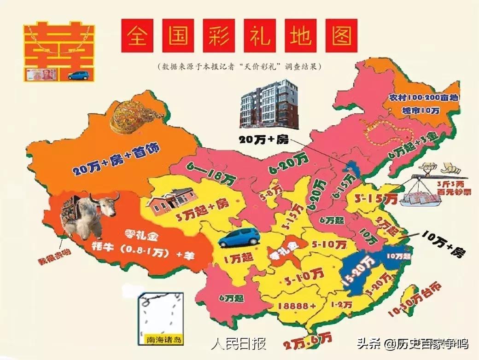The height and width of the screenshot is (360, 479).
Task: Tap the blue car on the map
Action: [x=239, y=237]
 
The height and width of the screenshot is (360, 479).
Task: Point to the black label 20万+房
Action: [x=263, y=139]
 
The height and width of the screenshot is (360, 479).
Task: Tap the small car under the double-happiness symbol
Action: [x=78, y=75]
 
